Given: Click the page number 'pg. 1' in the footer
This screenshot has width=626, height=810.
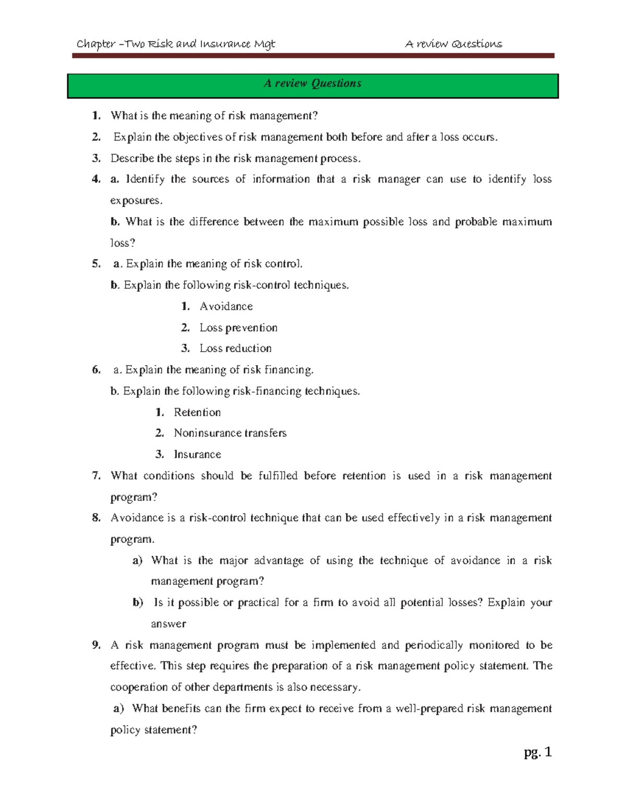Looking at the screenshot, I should [x=537, y=752].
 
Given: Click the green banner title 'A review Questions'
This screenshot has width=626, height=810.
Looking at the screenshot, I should [x=312, y=83].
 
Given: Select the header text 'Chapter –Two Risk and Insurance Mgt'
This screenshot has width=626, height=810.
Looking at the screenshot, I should [x=176, y=44].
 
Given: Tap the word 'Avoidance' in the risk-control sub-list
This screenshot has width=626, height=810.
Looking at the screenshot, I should [x=226, y=307].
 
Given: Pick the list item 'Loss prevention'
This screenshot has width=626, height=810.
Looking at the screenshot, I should [x=238, y=328].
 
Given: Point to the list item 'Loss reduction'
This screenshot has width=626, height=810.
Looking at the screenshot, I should [x=235, y=348].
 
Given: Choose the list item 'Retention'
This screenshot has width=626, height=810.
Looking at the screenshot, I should [x=197, y=413].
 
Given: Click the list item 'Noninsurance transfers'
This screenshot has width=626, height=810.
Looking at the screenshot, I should [x=230, y=433].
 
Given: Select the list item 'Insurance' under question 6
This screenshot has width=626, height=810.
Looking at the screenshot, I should [x=197, y=455].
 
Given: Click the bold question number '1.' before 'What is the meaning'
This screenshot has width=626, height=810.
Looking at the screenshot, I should [x=96, y=116].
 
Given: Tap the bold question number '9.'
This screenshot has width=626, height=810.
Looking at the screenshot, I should [x=96, y=645].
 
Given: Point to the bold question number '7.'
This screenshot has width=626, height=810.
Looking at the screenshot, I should [x=96, y=476].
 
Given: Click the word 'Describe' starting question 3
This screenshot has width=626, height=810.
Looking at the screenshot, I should [x=132, y=158].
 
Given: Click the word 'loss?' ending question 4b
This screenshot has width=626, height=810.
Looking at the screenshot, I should [x=123, y=243].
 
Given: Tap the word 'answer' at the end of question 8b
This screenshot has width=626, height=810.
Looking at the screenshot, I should [x=168, y=624].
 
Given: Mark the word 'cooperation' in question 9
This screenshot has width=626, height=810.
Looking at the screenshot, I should [x=139, y=687].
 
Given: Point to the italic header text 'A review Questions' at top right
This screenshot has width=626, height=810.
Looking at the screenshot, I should [x=453, y=44].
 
